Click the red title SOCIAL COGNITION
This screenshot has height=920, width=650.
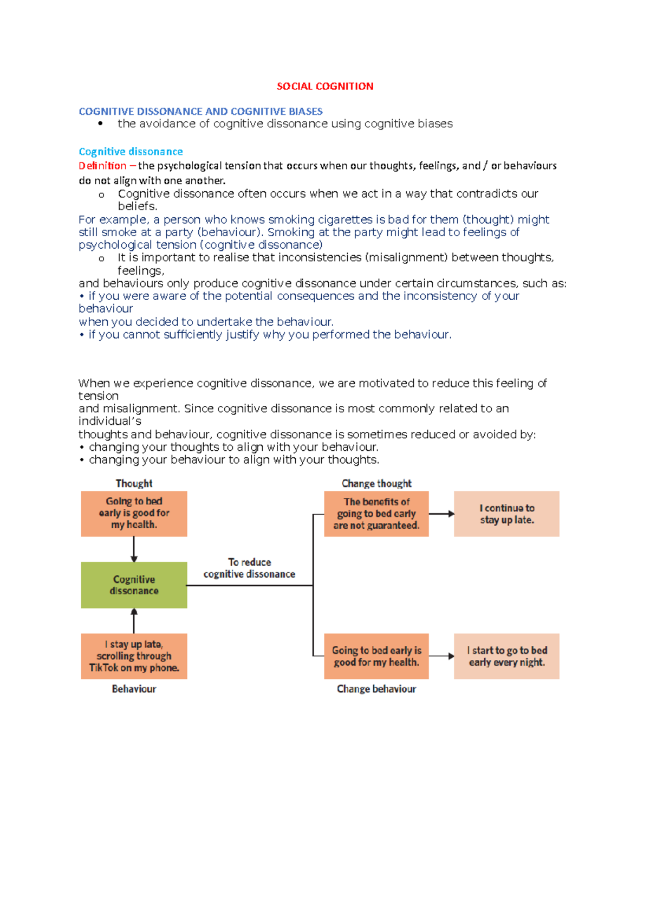click(324, 86)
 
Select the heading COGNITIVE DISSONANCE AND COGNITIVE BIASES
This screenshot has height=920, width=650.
click(200, 111)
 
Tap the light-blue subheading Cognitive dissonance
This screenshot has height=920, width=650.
click(131, 151)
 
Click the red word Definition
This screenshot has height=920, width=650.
click(102, 165)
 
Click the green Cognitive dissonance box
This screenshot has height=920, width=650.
click(134, 585)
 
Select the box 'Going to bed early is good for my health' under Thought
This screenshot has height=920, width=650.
click(134, 513)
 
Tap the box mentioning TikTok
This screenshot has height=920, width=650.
click(134, 656)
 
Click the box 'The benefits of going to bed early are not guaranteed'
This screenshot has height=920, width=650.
click(376, 514)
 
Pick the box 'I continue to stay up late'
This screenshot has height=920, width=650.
click(506, 514)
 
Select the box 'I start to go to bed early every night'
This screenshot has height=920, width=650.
click(506, 656)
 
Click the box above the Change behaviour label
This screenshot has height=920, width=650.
click(376, 656)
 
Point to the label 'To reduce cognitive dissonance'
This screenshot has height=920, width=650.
click(249, 568)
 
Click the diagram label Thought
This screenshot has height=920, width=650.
click(134, 483)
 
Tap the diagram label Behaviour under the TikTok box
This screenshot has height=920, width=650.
click(134, 689)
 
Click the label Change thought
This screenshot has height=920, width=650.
click(376, 483)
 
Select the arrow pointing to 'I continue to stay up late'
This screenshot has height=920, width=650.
click(441, 514)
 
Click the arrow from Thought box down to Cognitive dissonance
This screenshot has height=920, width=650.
click(134, 549)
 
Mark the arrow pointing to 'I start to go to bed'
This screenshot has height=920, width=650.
click(441, 656)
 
